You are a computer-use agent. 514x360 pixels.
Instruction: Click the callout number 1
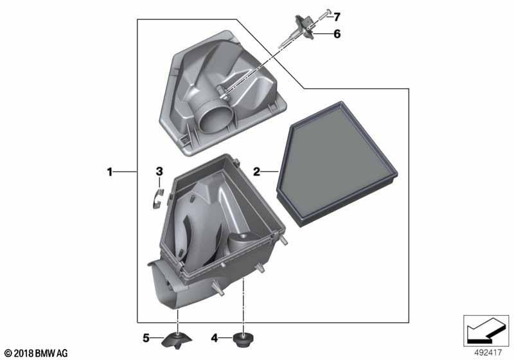tap(110, 172)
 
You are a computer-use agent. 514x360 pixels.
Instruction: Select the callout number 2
tap(256, 171)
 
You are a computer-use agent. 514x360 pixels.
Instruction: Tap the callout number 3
tap(159, 171)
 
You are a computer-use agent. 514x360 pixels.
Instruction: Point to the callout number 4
tap(214, 337)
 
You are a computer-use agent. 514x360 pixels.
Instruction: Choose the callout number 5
tap(146, 337)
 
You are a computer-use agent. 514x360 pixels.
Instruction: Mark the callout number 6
tap(337, 34)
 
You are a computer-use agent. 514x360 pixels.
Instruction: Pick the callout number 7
tap(337, 17)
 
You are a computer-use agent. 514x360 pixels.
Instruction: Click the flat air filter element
tap(337, 164)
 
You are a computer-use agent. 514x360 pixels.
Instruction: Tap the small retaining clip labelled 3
tap(157, 199)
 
